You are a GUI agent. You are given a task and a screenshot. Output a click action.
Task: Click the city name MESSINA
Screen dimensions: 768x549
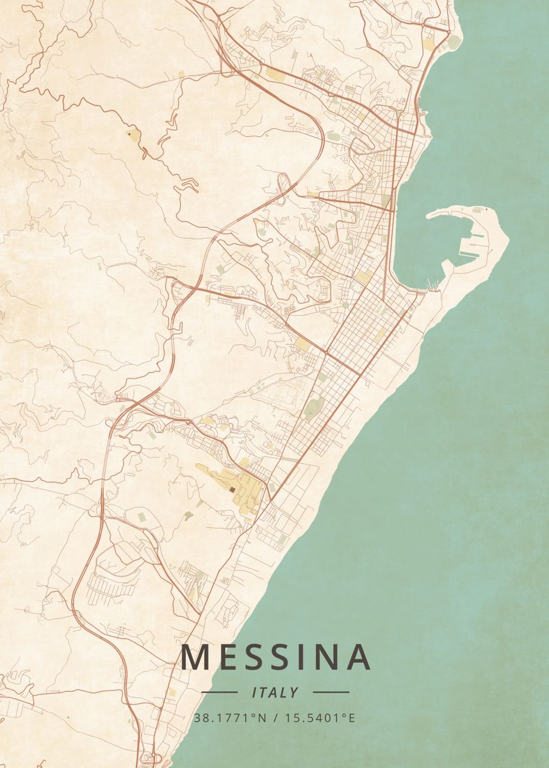coord(275,657)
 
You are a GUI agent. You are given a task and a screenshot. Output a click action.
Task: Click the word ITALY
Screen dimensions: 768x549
coord(275,692)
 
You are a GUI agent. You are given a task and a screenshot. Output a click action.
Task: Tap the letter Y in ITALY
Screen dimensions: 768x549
coord(294,692)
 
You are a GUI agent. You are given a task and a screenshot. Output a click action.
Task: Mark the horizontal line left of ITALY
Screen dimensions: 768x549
coord(219,692)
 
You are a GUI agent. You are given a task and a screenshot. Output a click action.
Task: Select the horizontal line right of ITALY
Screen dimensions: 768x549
coord(331,692)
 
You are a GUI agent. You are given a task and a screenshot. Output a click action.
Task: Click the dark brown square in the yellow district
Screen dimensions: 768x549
coord(232,490)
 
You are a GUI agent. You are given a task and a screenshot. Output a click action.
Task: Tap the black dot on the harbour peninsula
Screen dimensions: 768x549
coord(486,209)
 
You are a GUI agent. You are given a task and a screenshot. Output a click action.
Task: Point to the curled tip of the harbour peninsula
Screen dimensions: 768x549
coord(429,215)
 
